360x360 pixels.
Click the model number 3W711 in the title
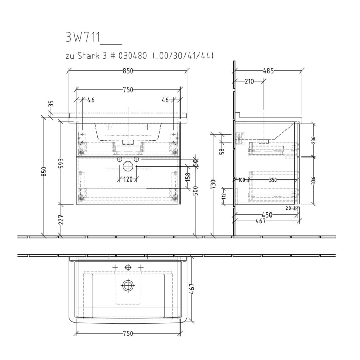click(83, 38)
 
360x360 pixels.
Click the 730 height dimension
click(213, 184)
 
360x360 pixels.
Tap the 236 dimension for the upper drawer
click(313, 140)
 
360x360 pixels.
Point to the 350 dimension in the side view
click(273, 179)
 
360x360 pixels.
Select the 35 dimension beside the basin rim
click(51, 104)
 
